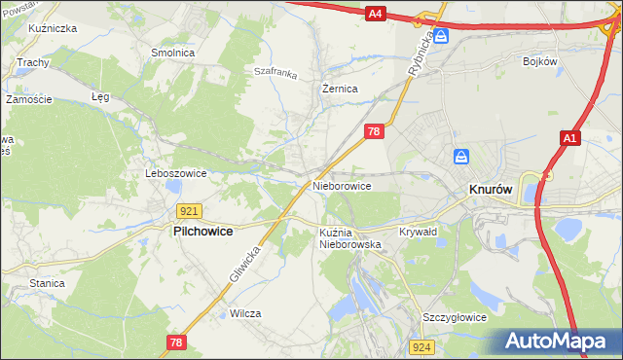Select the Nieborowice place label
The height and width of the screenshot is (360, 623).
[342, 185]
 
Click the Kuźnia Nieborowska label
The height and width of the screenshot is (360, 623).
[349, 238]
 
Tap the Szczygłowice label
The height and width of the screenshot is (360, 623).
[454, 318]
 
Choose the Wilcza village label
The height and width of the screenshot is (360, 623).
[246, 313]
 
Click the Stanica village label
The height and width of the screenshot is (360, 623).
[47, 283]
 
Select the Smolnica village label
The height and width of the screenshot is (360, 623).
[170, 53]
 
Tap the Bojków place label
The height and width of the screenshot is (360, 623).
[539, 61]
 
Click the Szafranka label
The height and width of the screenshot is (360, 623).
[275, 71]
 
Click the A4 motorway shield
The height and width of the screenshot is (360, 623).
[377, 13]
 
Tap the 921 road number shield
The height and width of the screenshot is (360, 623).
[190, 210]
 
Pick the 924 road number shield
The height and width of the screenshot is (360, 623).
[421, 346]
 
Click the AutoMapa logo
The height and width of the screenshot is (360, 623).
[555, 342]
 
